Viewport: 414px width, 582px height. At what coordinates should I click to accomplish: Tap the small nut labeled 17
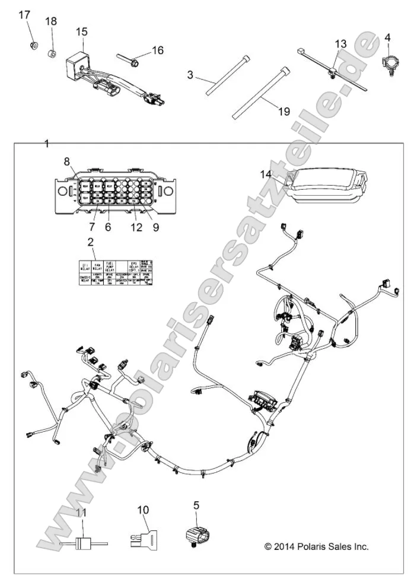click(34, 45)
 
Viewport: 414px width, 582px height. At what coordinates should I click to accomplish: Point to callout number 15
click(81, 31)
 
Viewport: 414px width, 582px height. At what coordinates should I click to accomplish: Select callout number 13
click(340, 44)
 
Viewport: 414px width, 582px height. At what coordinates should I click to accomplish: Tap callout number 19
click(284, 110)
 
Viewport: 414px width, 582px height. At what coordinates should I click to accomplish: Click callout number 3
click(190, 75)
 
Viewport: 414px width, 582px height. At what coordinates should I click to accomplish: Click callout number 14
click(265, 173)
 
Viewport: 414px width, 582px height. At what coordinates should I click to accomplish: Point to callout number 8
click(66, 161)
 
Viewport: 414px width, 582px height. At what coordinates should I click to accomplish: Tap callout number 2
click(90, 242)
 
